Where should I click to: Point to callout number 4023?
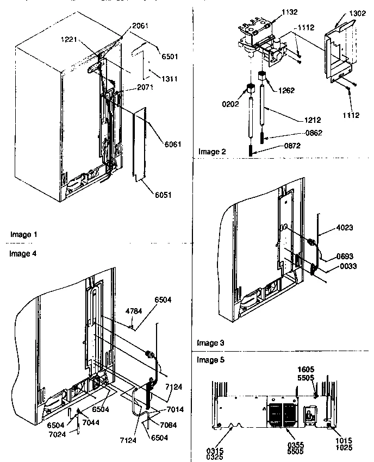coord(336,229)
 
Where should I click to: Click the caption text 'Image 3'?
coord(210,343)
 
